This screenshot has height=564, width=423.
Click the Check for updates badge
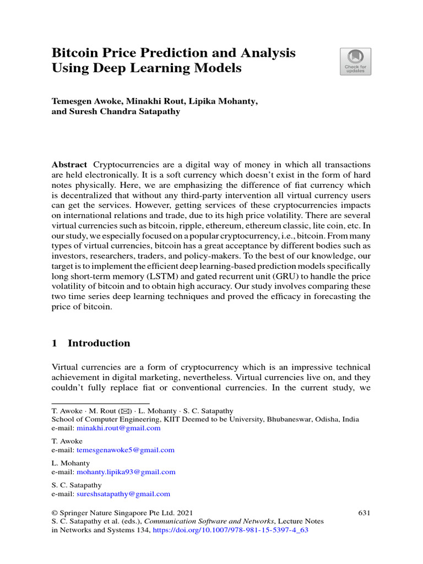pyautogui.click(x=355, y=61)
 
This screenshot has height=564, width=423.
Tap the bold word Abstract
pyautogui.click(x=69, y=165)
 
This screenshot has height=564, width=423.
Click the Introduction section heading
pyautogui.click(x=99, y=343)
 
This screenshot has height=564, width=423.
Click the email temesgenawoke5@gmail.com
pyautogui.click(x=125, y=449)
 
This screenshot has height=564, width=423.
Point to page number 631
pyautogui.click(x=364, y=512)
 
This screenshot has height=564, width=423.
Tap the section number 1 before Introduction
pyautogui.click(x=55, y=343)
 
